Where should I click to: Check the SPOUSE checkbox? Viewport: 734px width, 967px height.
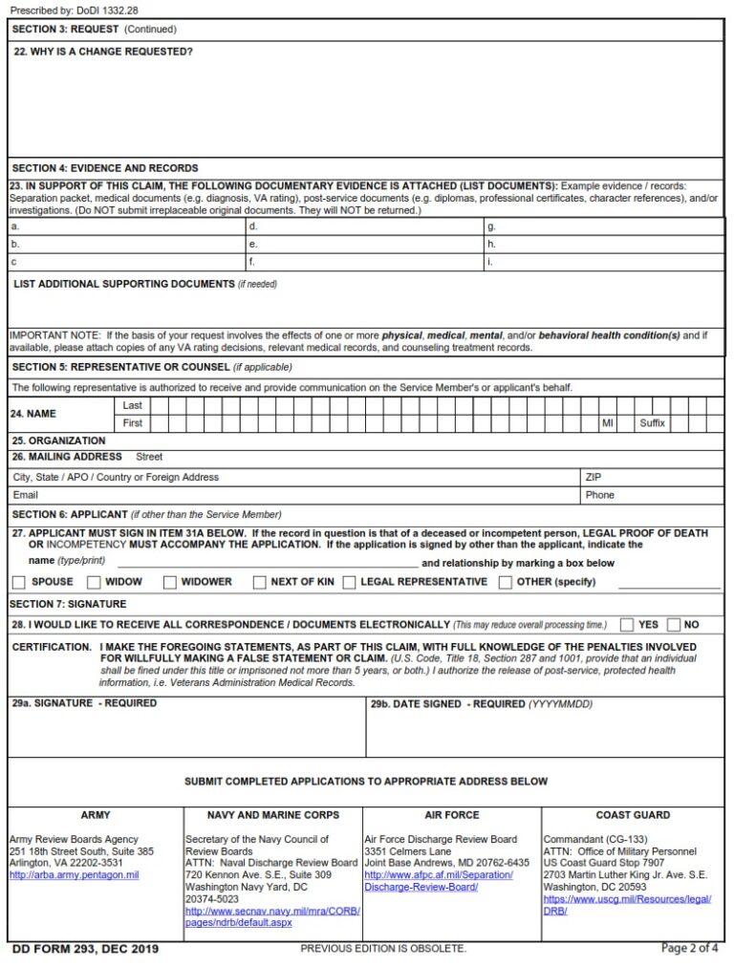[19, 582]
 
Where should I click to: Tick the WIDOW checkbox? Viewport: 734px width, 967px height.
[94, 582]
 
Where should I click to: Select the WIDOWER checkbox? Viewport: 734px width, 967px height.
[169, 582]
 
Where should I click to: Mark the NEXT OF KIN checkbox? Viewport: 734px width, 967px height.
[259, 582]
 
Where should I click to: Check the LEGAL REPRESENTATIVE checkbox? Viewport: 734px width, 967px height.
[349, 582]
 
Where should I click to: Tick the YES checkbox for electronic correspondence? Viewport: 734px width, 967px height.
[627, 625]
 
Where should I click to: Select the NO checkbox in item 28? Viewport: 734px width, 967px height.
[673, 625]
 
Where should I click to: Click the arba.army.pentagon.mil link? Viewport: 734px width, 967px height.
[74, 874]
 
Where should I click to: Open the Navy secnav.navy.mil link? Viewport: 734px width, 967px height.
[272, 917]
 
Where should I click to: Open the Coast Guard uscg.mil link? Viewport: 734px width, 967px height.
[627, 905]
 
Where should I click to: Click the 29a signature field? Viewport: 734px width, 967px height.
[186, 733]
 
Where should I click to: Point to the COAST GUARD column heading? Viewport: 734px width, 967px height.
[633, 815]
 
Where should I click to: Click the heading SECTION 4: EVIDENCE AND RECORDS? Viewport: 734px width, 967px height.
[105, 168]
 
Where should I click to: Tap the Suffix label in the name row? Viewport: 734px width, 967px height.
[652, 423]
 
